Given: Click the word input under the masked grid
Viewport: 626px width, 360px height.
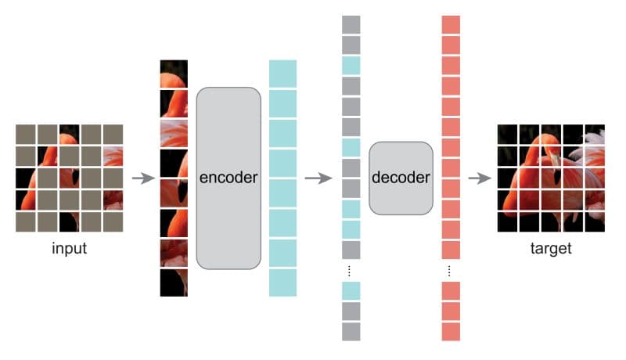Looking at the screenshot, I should [70, 250].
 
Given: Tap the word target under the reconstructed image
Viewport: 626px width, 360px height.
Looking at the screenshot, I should [551, 250].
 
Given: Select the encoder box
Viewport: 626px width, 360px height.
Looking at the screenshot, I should [228, 178].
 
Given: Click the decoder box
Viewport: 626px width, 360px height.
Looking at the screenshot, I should [401, 178].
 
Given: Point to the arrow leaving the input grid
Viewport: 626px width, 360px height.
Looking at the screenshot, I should [142, 178].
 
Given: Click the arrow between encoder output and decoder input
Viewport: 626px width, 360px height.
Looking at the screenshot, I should [315, 178].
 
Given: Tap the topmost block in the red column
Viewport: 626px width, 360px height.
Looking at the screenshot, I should [451, 23].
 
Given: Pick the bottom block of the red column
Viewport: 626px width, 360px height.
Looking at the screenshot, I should [451, 331].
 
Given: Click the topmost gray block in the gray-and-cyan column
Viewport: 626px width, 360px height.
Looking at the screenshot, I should [351, 23].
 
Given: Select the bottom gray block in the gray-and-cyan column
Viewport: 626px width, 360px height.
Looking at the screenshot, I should [351, 331].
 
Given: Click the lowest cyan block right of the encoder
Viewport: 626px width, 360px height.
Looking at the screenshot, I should [282, 283].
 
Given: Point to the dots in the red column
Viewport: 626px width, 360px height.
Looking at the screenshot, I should [451, 271].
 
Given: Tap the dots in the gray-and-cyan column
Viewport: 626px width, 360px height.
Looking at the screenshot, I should [351, 271].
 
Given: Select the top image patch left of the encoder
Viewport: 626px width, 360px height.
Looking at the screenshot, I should [174, 74].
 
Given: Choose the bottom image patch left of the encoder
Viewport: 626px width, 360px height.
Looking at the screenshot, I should [174, 283].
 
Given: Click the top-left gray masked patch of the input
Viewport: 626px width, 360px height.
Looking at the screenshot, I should [26, 134].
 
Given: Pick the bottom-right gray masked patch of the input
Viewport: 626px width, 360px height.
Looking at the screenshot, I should [113, 221].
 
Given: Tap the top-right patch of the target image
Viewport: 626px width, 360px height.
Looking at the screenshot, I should [595, 134].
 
